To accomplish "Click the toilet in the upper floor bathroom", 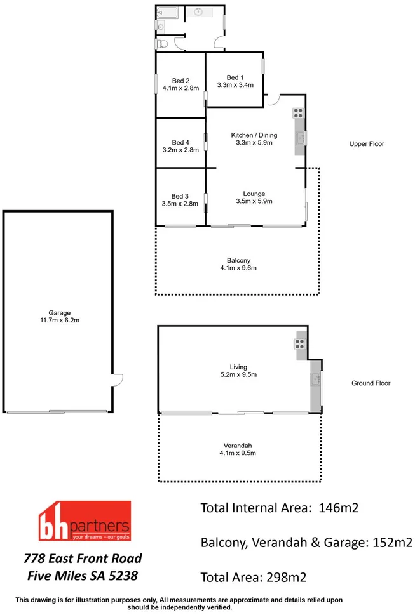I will pyautogui.click(x=163, y=43).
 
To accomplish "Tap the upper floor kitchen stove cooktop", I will pyautogui.click(x=297, y=114).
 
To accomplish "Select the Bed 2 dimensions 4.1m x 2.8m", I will pyautogui.click(x=180, y=89).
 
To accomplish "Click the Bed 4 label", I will pyautogui.click(x=180, y=142).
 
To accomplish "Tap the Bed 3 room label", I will pyautogui.click(x=180, y=196).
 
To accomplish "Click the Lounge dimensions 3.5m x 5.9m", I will pyautogui.click(x=254, y=202).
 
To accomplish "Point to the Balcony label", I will pyautogui.click(x=238, y=260).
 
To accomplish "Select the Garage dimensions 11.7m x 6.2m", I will pyautogui.click(x=60, y=321).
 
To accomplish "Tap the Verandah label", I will pyautogui.click(x=238, y=444).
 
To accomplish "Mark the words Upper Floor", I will pyautogui.click(x=367, y=144).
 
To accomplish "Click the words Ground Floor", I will pyautogui.click(x=371, y=383).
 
